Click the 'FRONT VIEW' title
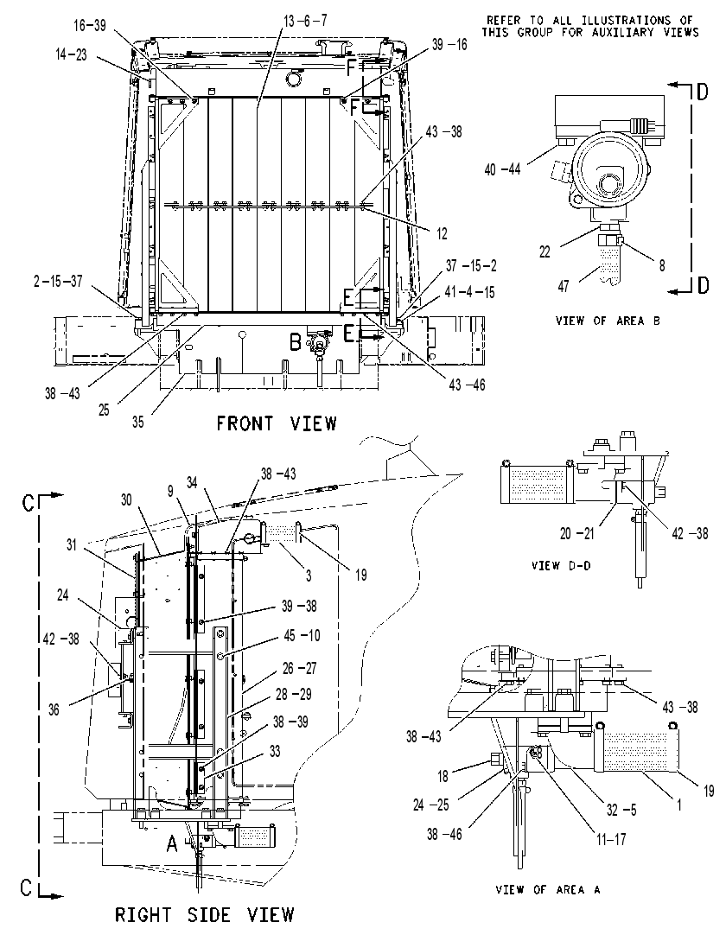(x=277, y=423)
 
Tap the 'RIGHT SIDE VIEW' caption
(x=205, y=915)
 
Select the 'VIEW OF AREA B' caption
(x=608, y=321)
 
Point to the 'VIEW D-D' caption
(x=561, y=565)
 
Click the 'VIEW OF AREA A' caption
(x=548, y=890)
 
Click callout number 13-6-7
(x=305, y=22)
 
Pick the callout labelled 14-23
(x=71, y=54)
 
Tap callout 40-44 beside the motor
(x=502, y=170)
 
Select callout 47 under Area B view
(x=564, y=286)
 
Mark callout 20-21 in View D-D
(x=576, y=534)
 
